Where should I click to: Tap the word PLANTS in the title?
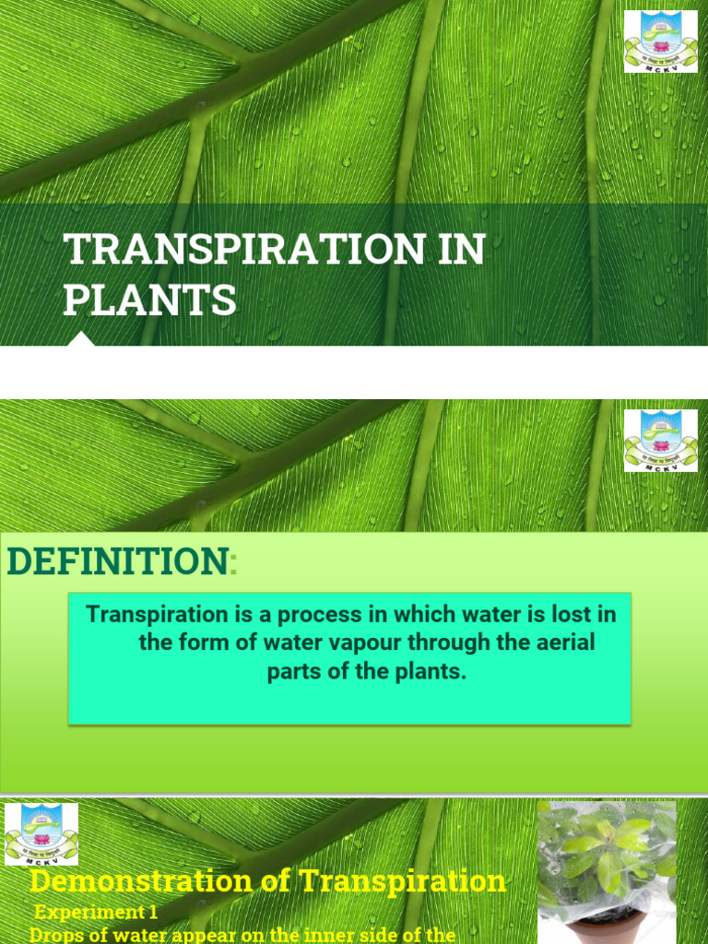coord(149,301)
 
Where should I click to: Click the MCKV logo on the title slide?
coord(661,41)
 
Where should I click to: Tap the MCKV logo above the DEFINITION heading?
coord(661,441)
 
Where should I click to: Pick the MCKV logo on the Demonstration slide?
coord(41,834)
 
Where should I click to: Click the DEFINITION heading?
coord(117,561)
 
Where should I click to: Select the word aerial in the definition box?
coord(565,643)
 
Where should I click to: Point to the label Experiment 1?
coord(97,913)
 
